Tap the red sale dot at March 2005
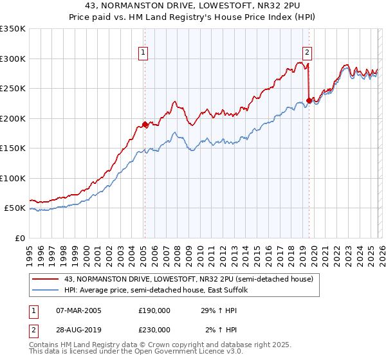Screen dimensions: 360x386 pyautogui.click(x=145, y=125)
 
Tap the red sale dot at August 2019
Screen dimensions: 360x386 pyautogui.click(x=309, y=100)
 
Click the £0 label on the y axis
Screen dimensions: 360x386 pyautogui.click(x=19, y=238)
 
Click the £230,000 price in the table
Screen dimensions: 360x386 pyautogui.click(x=154, y=329)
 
